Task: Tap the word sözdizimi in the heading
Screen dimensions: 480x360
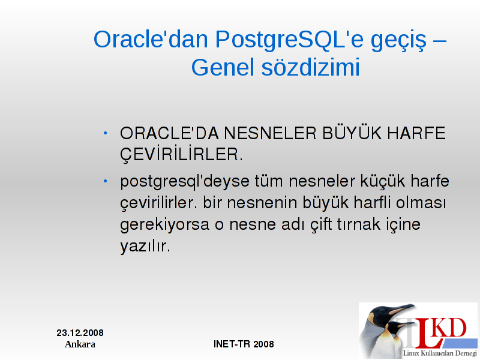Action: pos(310,67)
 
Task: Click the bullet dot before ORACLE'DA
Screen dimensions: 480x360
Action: pos(106,133)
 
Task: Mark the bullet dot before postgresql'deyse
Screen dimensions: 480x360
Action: pos(106,181)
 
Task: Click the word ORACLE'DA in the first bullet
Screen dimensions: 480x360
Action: pos(169,133)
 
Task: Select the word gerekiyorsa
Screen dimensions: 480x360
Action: pos(164,225)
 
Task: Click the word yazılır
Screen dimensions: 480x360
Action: pos(145,247)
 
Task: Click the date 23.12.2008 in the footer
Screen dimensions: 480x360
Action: pos(80,333)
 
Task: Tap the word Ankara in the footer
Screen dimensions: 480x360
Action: pos(80,344)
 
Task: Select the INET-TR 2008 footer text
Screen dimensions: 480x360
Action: pos(244,344)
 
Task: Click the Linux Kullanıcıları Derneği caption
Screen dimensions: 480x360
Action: pos(440,353)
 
